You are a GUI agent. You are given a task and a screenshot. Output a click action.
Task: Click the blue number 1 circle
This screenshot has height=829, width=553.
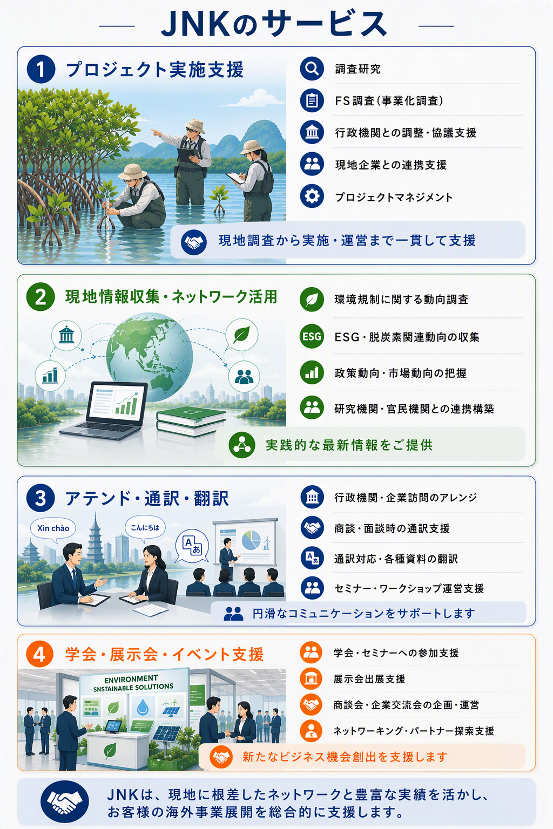tap(41, 69)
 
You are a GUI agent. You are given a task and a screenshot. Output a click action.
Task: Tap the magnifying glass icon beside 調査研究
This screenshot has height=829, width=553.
tap(312, 69)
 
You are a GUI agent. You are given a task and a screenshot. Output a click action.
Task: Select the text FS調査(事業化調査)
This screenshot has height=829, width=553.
tap(389, 101)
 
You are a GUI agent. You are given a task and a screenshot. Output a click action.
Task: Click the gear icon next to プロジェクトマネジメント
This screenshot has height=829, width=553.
tap(312, 196)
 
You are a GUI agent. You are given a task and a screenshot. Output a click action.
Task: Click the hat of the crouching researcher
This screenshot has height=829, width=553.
tap(132, 171)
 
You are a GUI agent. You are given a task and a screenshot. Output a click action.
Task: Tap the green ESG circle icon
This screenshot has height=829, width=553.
tap(312, 336)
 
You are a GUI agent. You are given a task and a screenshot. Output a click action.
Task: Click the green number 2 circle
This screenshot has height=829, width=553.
tap(41, 297)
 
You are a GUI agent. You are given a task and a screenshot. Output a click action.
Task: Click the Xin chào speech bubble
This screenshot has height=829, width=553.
tap(53, 529)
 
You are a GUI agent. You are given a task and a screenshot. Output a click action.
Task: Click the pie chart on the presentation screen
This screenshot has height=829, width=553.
tap(251, 540)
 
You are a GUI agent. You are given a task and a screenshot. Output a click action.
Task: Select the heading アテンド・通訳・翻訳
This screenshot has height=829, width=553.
tap(147, 498)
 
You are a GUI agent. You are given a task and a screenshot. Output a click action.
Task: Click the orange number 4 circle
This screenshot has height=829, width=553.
tap(39, 654)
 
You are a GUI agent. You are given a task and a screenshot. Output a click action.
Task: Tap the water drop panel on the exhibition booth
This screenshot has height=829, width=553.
tap(143, 707)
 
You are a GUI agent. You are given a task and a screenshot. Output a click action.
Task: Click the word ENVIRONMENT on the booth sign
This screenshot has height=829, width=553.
tap(131, 679)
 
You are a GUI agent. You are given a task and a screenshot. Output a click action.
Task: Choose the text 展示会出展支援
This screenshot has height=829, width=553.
tap(369, 679)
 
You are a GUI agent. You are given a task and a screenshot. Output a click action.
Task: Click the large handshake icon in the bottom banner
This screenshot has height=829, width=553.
tap(64, 801)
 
